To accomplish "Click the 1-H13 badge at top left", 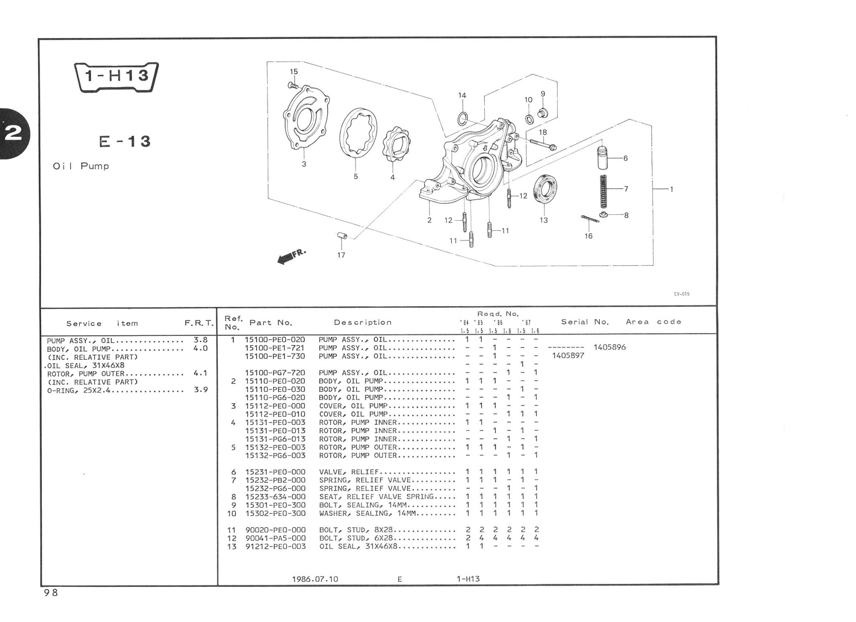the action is coord(116,77).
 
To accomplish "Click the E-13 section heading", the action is coord(125,142).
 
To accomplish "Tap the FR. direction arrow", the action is coord(291,256).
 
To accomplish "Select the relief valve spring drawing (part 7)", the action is coord(603,191).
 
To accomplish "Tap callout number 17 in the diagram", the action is coord(341,255).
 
